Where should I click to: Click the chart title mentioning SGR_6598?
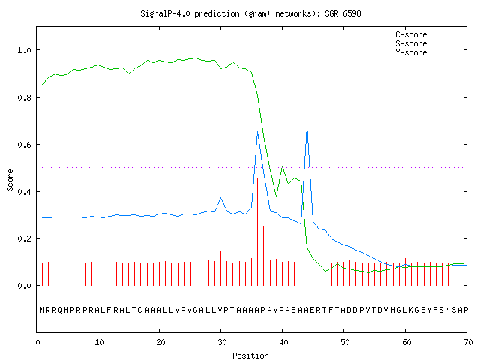(250, 13)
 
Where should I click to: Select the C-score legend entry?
(427, 34)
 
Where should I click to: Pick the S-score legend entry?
(427, 43)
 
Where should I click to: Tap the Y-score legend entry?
(427, 52)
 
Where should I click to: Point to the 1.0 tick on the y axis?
(24, 50)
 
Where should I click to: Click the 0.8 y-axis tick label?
(24, 97)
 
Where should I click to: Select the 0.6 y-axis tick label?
(24, 145)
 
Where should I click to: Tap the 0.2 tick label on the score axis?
(24, 238)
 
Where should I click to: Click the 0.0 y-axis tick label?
(24, 286)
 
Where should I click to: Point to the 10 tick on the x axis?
(99, 342)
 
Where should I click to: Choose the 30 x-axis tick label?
(222, 342)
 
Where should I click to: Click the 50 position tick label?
(345, 342)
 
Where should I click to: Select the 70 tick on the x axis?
(468, 342)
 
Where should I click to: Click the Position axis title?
(250, 355)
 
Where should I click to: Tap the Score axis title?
(10, 180)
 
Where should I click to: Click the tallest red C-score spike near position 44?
(307, 205)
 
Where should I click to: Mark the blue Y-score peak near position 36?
(258, 132)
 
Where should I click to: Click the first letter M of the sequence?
(42, 310)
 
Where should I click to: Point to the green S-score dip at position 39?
(277, 196)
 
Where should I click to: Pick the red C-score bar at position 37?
(263, 256)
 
